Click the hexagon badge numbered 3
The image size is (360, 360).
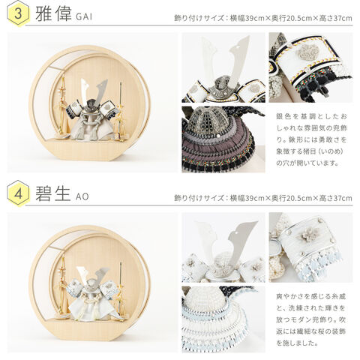[x=18, y=13]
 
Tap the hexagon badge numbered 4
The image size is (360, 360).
[x=18, y=193]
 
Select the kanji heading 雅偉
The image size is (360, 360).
[x=53, y=13]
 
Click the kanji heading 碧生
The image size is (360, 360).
[x=52, y=193]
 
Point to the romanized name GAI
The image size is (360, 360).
[x=84, y=16]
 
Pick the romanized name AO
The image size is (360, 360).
[x=82, y=196]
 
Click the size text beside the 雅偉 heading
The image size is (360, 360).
[x=263, y=18]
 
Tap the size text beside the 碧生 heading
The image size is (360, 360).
[x=263, y=198]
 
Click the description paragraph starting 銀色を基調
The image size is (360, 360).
[x=311, y=139]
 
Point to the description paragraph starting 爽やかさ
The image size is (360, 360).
[x=311, y=319]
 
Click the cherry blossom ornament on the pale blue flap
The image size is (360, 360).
[x=305, y=235]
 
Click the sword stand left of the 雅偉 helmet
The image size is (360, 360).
[x=63, y=106]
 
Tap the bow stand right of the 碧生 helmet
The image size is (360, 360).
[x=121, y=290]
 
